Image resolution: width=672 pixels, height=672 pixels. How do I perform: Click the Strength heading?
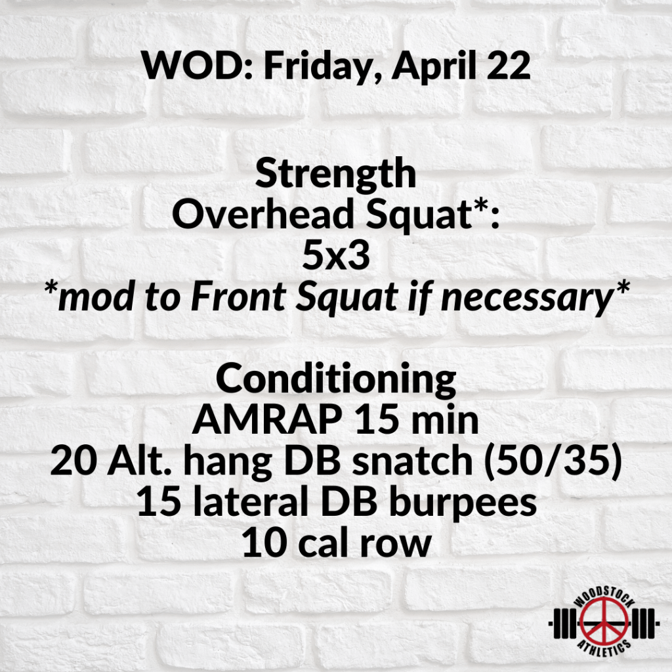point(335,175)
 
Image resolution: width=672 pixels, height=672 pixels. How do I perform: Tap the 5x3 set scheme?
point(336,256)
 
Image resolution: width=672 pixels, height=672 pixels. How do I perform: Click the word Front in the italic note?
point(238,297)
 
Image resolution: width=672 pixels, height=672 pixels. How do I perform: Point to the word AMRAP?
point(267,420)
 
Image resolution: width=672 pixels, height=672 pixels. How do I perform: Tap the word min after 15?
point(445,420)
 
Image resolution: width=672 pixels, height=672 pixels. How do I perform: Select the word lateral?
point(250,502)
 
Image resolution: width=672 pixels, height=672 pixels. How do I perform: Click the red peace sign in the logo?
point(604,622)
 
